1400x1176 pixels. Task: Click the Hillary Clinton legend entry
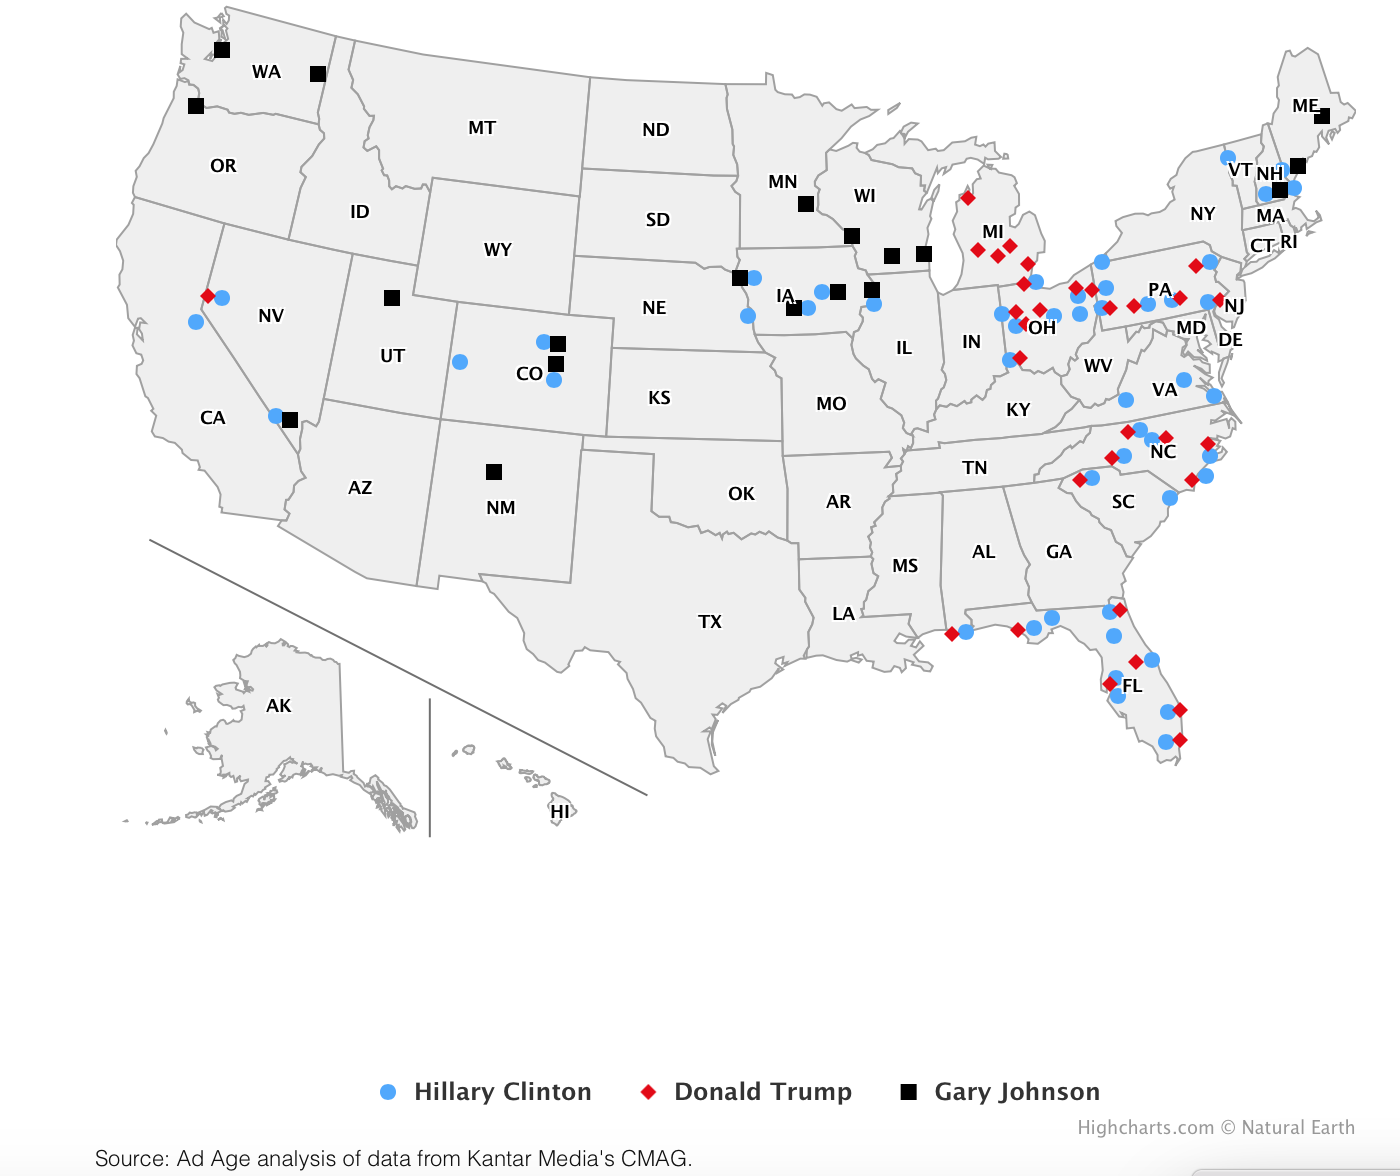[x=502, y=1091]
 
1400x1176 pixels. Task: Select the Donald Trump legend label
[x=762, y=1091]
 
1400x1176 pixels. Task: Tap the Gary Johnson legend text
[x=1016, y=1091]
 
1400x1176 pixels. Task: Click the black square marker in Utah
[x=392, y=298]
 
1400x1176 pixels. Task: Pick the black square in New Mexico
[x=494, y=472]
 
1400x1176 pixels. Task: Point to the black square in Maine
[x=1322, y=116]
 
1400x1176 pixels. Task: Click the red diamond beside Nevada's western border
[x=208, y=296]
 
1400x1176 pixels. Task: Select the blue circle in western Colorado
[x=460, y=362]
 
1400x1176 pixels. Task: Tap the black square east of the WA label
[x=318, y=74]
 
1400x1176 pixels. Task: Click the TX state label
[x=710, y=622]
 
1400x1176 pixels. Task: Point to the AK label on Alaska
[x=279, y=706]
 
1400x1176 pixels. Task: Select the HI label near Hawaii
[x=560, y=812]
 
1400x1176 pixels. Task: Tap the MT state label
[x=482, y=128]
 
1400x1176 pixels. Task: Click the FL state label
[x=1132, y=686]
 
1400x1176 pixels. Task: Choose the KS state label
[x=659, y=398]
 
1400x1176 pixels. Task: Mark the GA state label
[x=1059, y=552]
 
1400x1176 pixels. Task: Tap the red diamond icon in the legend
[x=648, y=1092]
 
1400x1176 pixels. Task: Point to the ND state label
[x=656, y=130]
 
